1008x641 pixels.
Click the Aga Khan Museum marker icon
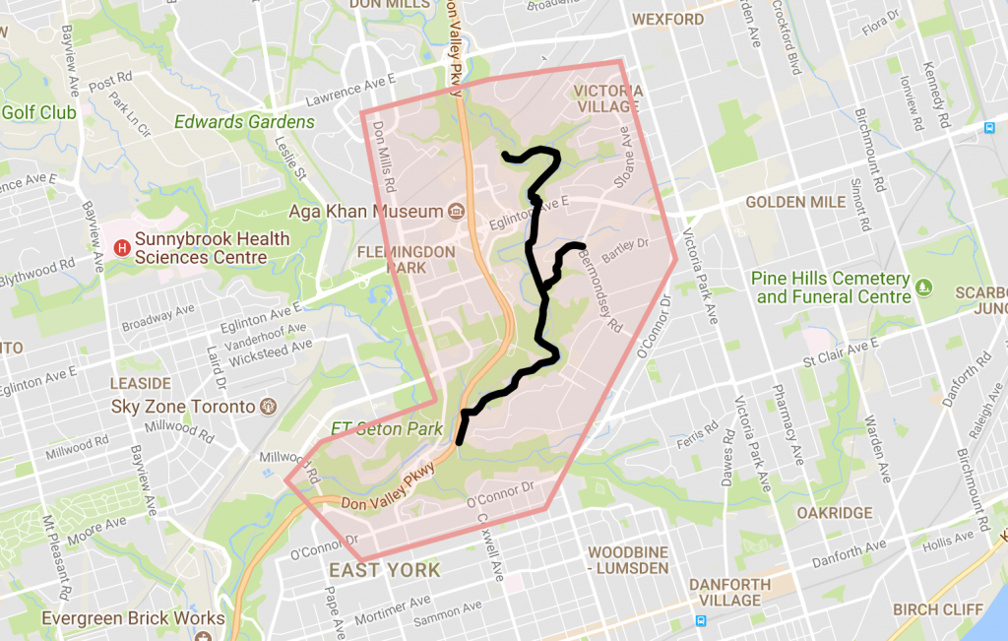click(456, 212)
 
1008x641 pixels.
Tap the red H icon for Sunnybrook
click(122, 248)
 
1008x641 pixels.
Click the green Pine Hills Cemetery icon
click(923, 288)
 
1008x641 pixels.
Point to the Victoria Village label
click(608, 99)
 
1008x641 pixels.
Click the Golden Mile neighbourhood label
click(795, 202)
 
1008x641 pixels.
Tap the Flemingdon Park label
click(407, 259)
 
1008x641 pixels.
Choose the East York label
click(384, 571)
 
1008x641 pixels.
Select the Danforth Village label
click(729, 592)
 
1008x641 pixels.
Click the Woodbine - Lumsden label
click(627, 559)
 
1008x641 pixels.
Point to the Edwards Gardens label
click(244, 122)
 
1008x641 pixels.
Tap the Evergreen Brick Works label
click(133, 619)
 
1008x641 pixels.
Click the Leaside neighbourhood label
click(141, 383)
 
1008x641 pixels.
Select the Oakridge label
click(835, 513)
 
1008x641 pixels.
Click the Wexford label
click(667, 20)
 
